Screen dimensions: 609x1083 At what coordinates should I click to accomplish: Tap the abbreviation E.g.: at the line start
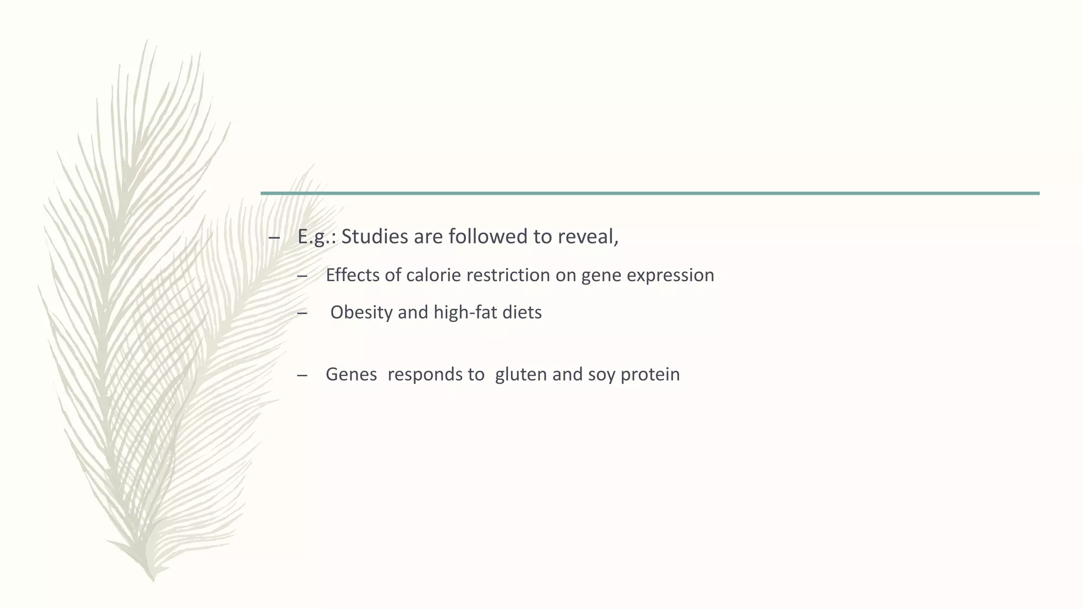coord(317,236)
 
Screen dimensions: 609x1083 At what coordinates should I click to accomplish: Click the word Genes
coord(351,374)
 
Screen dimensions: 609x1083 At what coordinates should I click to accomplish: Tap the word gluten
coord(521,374)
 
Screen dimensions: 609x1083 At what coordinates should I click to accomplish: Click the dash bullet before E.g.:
coord(273,237)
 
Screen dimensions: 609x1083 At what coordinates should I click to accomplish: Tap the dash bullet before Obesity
coord(302,313)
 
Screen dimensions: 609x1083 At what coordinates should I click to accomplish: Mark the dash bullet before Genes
coord(302,375)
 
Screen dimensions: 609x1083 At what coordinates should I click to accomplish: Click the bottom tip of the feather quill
coord(153,579)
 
